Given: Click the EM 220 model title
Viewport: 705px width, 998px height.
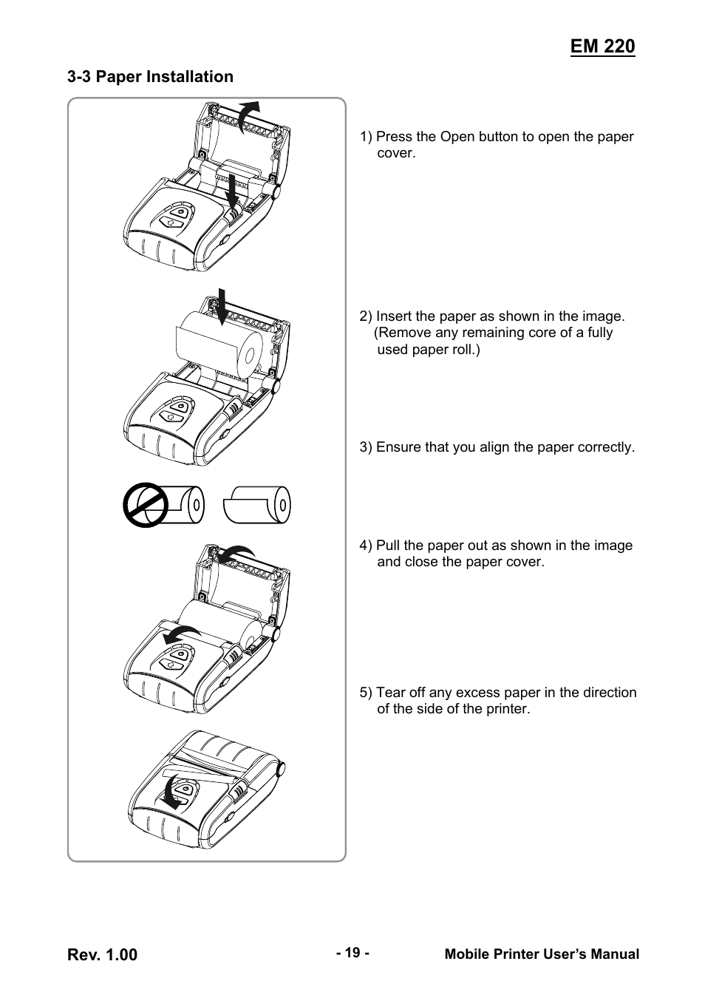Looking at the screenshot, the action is [602, 46].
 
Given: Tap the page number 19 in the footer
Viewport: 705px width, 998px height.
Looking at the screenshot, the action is [352, 953].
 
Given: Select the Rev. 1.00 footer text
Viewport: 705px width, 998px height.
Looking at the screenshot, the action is [103, 955].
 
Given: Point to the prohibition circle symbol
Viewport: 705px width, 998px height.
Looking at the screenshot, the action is [145, 505].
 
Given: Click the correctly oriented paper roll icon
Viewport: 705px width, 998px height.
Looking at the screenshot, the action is [257, 505].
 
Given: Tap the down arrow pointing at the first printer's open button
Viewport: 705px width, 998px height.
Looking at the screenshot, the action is [231, 192].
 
